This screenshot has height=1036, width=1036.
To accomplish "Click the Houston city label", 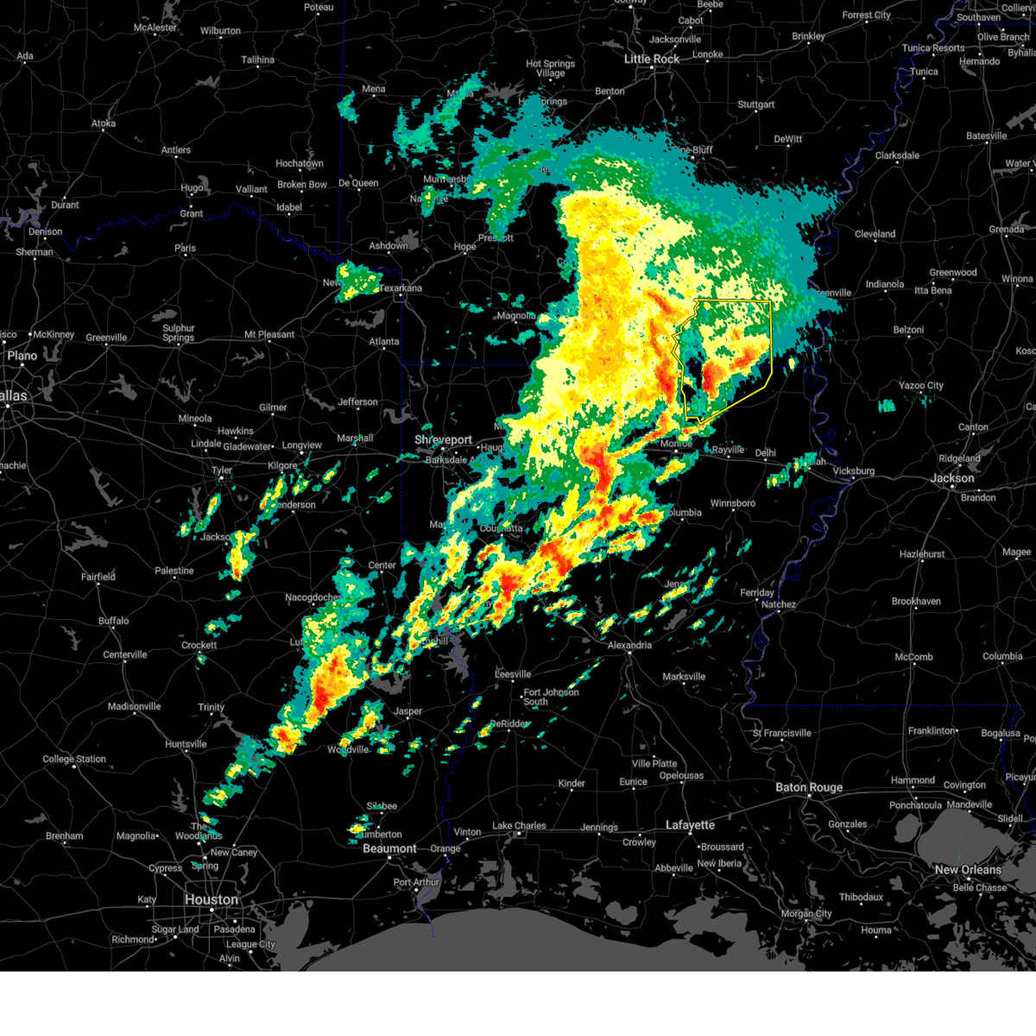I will coord(211,900).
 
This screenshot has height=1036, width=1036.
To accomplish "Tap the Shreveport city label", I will coord(443,439).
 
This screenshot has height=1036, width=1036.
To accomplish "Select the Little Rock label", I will coord(652,59).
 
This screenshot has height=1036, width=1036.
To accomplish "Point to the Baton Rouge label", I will coord(808,787).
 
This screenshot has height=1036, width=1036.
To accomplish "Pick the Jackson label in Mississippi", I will coord(952,478).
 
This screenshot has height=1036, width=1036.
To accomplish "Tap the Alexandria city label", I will coord(629,645).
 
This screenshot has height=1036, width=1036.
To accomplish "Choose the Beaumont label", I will coord(389,849).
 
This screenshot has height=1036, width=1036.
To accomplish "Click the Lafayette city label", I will coord(690,825).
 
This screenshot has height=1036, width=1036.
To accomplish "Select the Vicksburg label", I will coord(853,471).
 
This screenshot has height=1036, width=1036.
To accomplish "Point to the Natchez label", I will coord(778,604).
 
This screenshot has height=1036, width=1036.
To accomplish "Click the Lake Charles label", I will coord(519,826).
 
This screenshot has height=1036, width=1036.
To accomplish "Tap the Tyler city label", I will coord(222,471).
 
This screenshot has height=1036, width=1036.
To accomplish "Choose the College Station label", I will coord(74,760).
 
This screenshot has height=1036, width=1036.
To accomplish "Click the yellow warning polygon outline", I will coord(770,345).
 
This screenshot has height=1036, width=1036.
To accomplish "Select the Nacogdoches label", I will coord(313,597).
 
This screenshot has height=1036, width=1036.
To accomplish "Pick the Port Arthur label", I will coord(416,882).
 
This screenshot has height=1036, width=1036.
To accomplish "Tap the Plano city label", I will coord(22,356).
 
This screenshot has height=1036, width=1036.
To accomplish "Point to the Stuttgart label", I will coord(755,105).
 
